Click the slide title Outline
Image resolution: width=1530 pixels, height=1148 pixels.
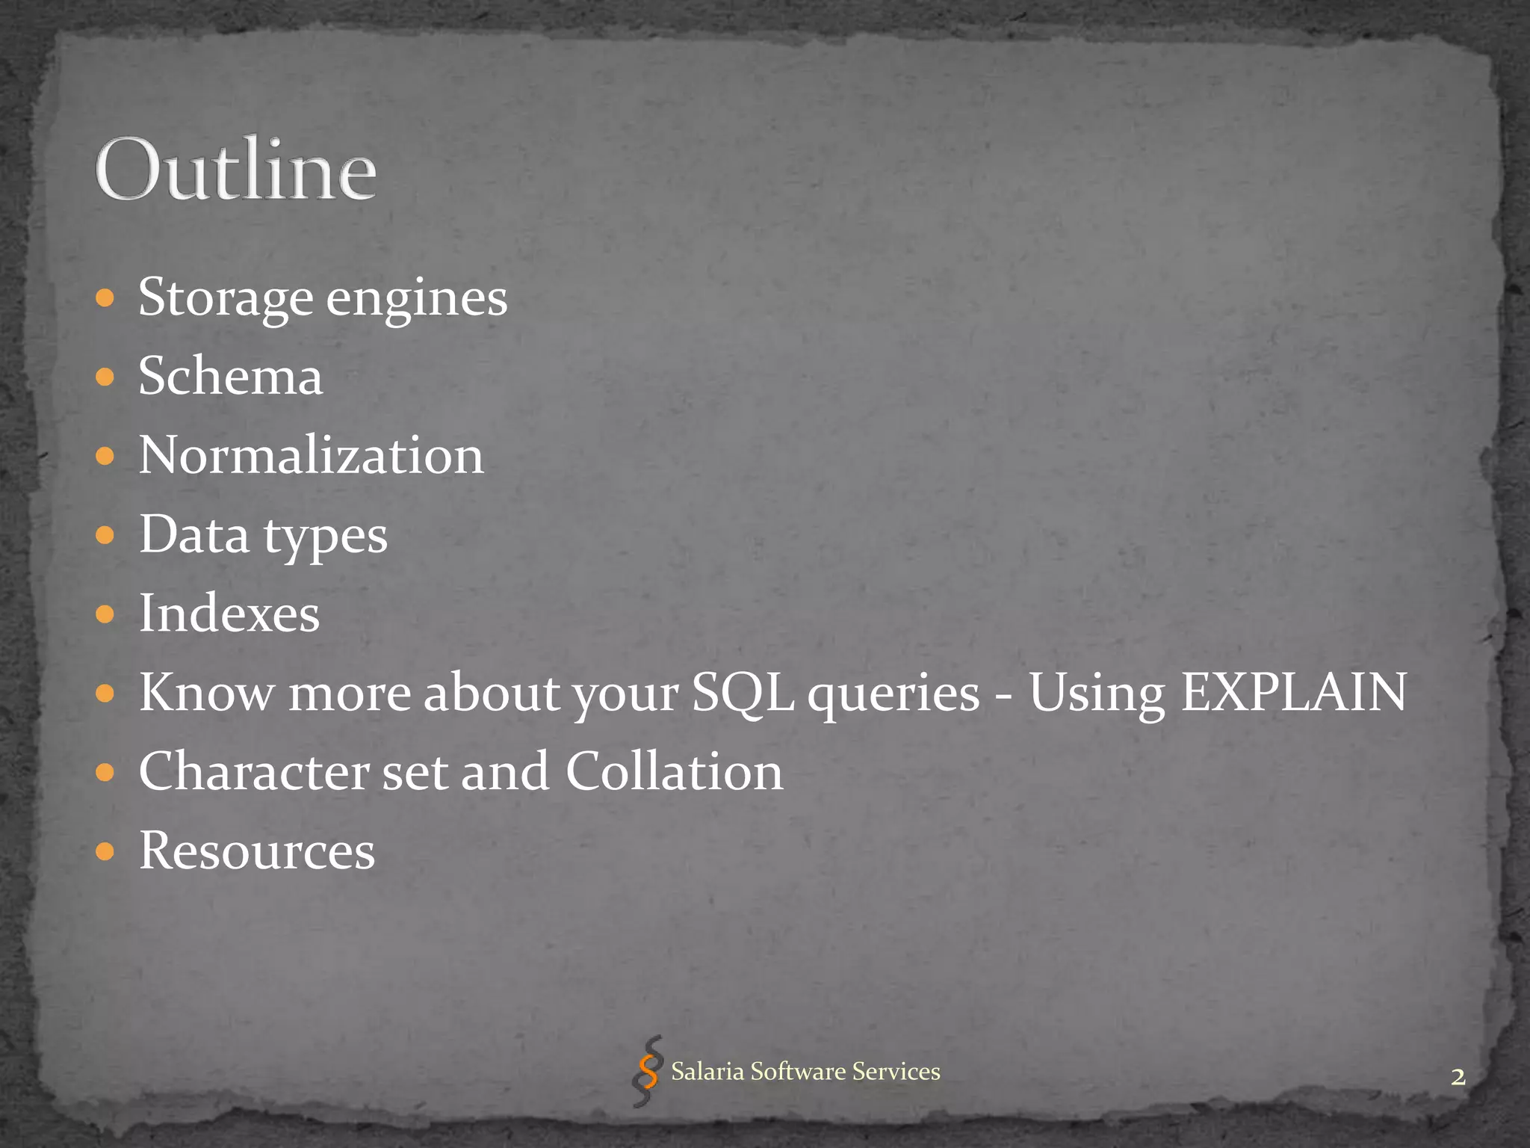click(235, 170)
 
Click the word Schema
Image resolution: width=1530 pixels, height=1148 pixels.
click(231, 376)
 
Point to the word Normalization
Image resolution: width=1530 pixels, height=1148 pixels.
click(311, 455)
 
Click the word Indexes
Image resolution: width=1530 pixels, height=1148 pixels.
click(229, 614)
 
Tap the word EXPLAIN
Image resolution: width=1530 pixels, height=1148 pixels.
click(1293, 692)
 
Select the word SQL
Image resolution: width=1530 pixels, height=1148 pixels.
click(743, 693)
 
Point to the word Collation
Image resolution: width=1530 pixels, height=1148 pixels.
click(674, 772)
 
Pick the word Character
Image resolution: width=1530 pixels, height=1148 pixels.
click(253, 772)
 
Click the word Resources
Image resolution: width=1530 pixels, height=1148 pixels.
click(257, 851)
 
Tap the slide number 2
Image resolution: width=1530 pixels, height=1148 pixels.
click(1458, 1077)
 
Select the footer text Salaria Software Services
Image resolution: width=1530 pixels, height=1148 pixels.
click(805, 1072)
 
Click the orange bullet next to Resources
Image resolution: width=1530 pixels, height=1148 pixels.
click(105, 851)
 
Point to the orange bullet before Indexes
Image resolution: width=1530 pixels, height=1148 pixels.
click(105, 614)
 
